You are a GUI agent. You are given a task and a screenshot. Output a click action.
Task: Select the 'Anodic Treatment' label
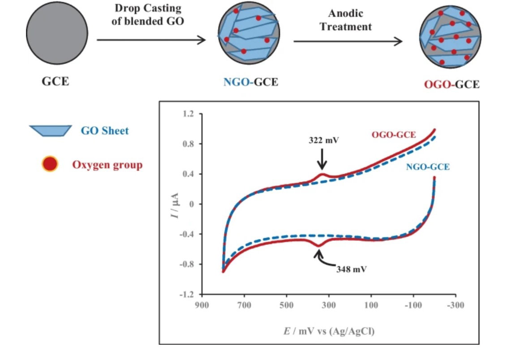(x=345, y=21)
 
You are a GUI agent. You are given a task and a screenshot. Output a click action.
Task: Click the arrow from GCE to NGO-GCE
(x=151, y=40)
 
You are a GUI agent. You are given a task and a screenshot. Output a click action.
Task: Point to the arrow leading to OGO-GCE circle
(x=348, y=42)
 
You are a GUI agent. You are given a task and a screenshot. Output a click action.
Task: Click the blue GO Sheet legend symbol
(x=51, y=131)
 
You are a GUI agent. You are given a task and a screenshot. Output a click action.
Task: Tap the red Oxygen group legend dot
(x=49, y=164)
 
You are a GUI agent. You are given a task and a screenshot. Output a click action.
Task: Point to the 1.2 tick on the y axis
(x=189, y=114)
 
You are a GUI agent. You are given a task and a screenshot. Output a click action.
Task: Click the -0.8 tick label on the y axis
(x=187, y=264)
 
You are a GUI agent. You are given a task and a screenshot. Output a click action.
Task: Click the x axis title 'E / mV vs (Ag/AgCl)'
(x=328, y=331)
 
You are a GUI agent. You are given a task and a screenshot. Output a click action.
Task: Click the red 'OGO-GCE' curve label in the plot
(x=394, y=134)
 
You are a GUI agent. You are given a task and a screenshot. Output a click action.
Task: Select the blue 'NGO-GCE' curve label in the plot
(x=427, y=167)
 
